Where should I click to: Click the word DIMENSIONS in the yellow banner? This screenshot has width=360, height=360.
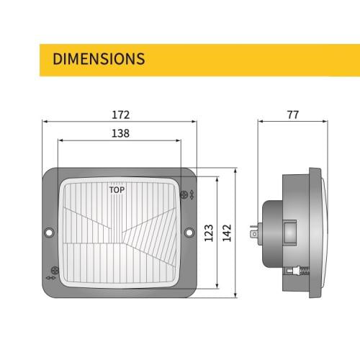click(x=99, y=58)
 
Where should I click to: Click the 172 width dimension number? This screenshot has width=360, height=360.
click(x=120, y=114)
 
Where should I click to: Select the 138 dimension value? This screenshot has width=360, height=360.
click(x=120, y=133)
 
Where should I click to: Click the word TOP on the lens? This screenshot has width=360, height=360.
click(x=115, y=191)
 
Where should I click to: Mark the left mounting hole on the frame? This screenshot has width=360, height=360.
click(x=49, y=233)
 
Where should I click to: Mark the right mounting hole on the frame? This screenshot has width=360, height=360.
click(x=191, y=233)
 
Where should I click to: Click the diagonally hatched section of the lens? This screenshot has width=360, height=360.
click(x=144, y=241)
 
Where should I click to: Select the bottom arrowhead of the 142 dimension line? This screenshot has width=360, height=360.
click(x=236, y=295)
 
